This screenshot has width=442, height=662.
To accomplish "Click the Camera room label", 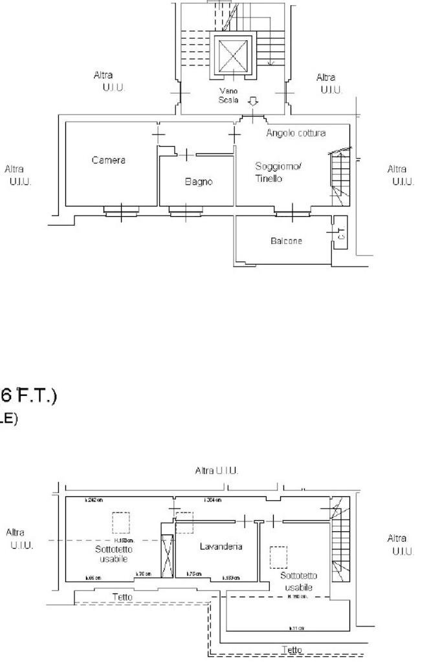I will pyautogui.click(x=108, y=160).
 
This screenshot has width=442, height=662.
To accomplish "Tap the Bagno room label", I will pyautogui.click(x=199, y=182).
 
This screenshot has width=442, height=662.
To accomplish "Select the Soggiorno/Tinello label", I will pyautogui.click(x=278, y=172).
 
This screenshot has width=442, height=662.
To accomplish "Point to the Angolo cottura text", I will pyautogui.click(x=296, y=133).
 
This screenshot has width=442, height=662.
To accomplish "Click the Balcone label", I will pyautogui.click(x=286, y=241).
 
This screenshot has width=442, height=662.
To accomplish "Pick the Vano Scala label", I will pyautogui.click(x=229, y=96).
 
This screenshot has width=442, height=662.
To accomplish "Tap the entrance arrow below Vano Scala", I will pyautogui.click(x=253, y=102).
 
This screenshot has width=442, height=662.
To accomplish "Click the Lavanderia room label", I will pyautogui.click(x=221, y=547).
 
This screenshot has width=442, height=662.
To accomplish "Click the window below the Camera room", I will pyautogui.click(x=121, y=210).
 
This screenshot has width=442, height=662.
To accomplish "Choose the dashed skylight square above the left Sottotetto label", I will pyautogui.click(x=120, y=522).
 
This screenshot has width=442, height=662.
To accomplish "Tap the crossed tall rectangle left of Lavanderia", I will pyautogui.click(x=167, y=556).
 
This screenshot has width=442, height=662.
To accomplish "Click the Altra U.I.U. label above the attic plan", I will pyautogui.click(x=217, y=470).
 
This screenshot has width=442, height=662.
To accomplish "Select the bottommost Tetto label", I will pyautogui.click(x=292, y=649).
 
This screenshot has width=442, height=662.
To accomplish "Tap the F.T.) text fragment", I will pyautogui.click(x=36, y=395).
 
